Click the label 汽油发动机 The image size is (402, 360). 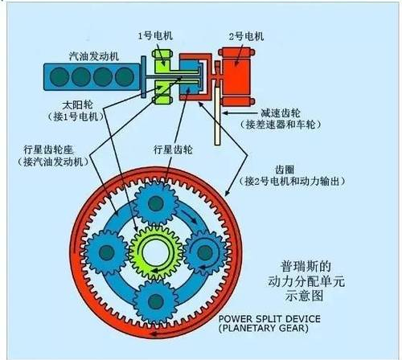(x=94, y=56)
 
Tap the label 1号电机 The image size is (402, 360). (x=155, y=35)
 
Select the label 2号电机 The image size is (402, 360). (x=246, y=36)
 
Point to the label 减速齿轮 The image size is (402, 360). (x=281, y=113)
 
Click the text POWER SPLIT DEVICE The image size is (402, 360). (x=269, y=319)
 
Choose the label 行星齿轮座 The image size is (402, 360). (x=48, y=149)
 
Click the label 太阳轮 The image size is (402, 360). (x=77, y=104)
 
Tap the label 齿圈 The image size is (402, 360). (x=285, y=170)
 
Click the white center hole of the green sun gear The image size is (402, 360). (x=155, y=252)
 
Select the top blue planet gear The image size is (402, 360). (x=156, y=203)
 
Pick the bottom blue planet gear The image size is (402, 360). (x=156, y=301)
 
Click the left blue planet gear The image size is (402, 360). (x=107, y=252)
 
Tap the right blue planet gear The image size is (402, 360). (x=205, y=252)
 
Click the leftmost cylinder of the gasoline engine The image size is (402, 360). (x=59, y=77)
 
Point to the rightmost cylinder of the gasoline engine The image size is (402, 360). (x=125, y=77)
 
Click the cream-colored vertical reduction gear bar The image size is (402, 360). (x=217, y=116)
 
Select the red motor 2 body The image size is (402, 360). (x=236, y=76)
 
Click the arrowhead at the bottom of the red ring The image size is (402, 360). (x=154, y=334)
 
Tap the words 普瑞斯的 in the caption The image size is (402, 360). (x=306, y=266)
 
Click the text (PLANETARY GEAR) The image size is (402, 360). (x=264, y=329)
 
